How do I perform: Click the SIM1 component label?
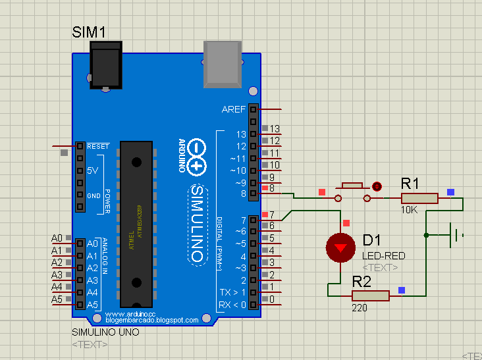pos(89,32)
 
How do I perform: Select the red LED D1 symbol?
pos(340,247)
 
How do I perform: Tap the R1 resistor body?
pos(419,198)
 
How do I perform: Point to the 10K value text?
pos(409,210)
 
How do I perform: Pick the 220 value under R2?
pos(360,308)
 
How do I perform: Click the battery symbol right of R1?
pos(453,234)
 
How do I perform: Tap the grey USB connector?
pos(223,63)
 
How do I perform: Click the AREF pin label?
pos(234,109)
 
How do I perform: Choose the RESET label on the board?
pos(97,146)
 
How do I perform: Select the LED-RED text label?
pos(384,255)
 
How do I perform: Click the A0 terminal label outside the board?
pos(57,238)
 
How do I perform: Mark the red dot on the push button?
pos(377,186)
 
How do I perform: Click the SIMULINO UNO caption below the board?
pos(105,332)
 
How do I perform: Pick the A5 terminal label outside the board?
pos(57,300)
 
